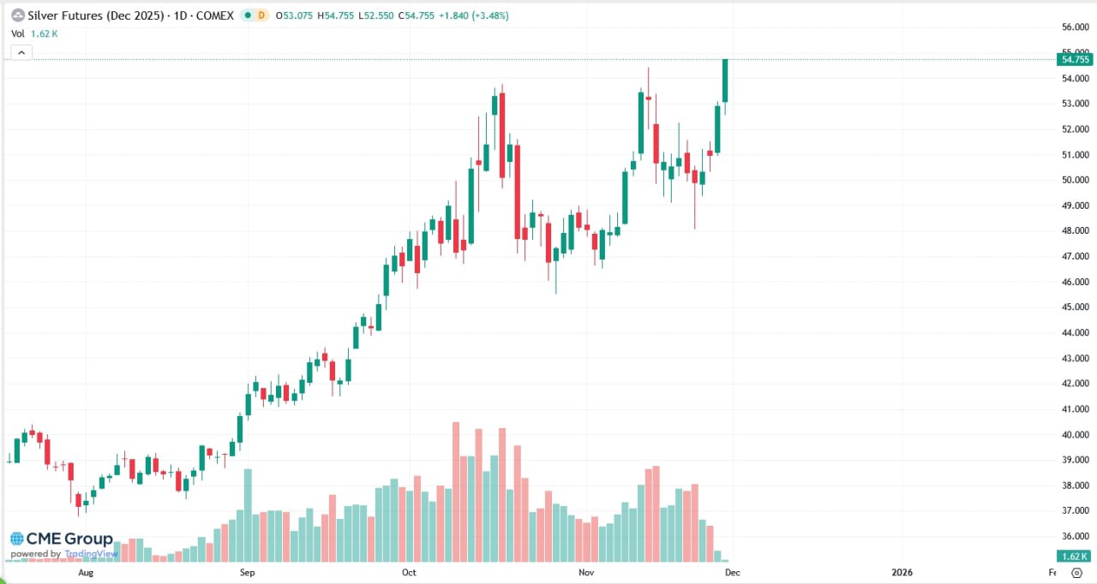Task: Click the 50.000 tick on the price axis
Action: point(1075,180)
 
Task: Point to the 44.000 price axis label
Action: point(1075,332)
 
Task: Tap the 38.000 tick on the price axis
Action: point(1075,485)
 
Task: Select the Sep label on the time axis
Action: point(247,571)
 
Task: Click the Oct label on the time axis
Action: point(409,571)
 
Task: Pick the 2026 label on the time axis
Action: point(902,571)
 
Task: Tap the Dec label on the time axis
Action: point(733,571)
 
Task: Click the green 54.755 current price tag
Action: point(1075,59)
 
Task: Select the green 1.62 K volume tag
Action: point(1075,555)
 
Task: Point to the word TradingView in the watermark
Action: point(91,554)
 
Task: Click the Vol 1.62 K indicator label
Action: point(34,33)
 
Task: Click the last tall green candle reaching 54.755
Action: point(725,80)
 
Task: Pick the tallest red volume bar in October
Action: point(456,492)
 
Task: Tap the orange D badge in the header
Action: point(261,15)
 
